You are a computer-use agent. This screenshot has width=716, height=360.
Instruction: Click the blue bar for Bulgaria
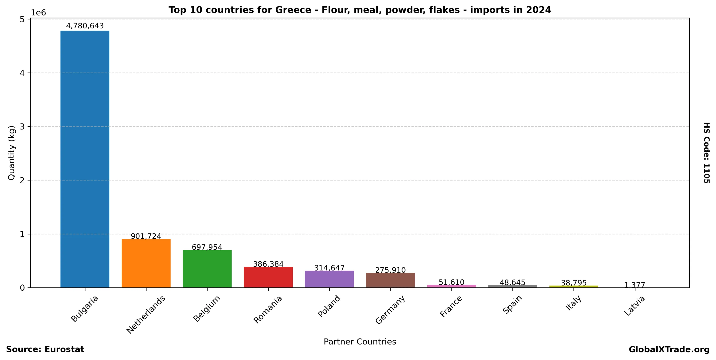[85, 159]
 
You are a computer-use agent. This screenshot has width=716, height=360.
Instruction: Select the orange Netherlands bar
[146, 263]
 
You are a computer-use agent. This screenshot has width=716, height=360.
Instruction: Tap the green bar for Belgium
[207, 269]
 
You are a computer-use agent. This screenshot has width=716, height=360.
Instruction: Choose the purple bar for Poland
[329, 279]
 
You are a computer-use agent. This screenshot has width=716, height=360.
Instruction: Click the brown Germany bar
[390, 280]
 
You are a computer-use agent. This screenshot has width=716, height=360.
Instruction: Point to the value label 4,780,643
[85, 26]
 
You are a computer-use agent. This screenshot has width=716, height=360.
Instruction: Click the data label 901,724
[146, 236]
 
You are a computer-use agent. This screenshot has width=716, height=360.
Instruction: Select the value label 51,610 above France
[451, 282]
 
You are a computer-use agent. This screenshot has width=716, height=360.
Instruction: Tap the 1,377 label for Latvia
[635, 285]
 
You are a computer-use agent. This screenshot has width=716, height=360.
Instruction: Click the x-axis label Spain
[512, 305]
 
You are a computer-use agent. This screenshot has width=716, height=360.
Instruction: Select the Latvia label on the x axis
[634, 306]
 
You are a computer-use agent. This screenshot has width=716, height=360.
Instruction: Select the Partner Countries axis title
[360, 342]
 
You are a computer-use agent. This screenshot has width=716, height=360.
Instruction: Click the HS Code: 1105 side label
[706, 153]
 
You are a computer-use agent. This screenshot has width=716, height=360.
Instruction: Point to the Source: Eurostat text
[45, 349]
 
